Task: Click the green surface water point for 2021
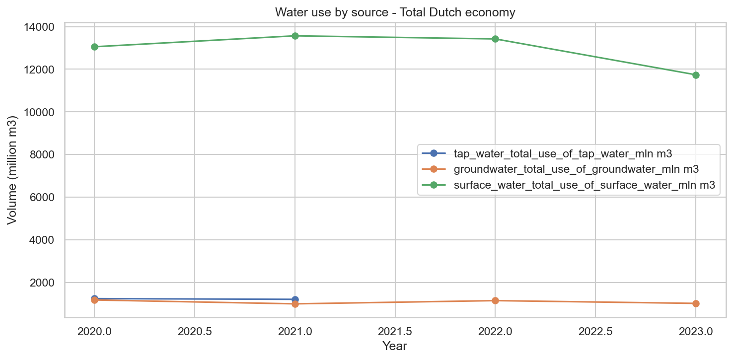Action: click(295, 36)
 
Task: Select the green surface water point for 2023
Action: click(696, 75)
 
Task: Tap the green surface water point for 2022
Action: click(495, 39)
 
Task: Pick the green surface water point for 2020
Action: click(94, 47)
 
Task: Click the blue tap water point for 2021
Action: click(295, 299)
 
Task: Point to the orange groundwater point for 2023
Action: click(696, 303)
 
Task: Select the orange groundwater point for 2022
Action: click(495, 300)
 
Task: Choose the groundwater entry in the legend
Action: click(576, 169)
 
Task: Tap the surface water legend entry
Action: click(584, 185)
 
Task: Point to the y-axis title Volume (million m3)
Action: click(12, 170)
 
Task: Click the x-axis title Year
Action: click(395, 346)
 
